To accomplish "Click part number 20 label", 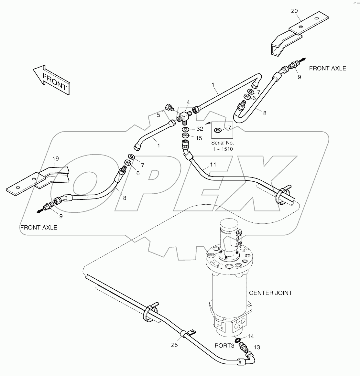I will [294, 11].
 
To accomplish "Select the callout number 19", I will [56, 158].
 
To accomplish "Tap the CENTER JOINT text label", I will [270, 293].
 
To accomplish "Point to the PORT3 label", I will [224, 345].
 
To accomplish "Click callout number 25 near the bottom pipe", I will [175, 345].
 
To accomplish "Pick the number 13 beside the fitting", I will [257, 347].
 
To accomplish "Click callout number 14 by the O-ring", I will [251, 337].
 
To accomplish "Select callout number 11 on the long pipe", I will [213, 165].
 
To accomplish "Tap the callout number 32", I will [200, 129].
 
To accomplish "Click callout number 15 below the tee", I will [199, 138].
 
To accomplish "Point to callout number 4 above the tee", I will [188, 102].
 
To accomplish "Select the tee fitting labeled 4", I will [184, 116].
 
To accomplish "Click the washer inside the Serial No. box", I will [218, 130].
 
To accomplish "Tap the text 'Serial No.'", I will [223, 143].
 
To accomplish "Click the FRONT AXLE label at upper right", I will [327, 68].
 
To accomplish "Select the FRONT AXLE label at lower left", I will [38, 228].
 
